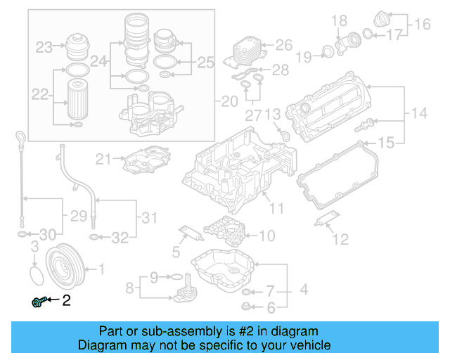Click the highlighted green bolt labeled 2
pyautogui.click(x=40, y=302)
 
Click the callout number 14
pyautogui.click(x=419, y=112)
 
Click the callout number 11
pyautogui.click(x=276, y=208)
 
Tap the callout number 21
pyautogui.click(x=104, y=160)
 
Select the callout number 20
pyautogui.click(x=230, y=102)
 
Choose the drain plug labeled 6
pyautogui.click(x=245, y=306)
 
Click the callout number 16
pyautogui.click(x=422, y=25)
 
